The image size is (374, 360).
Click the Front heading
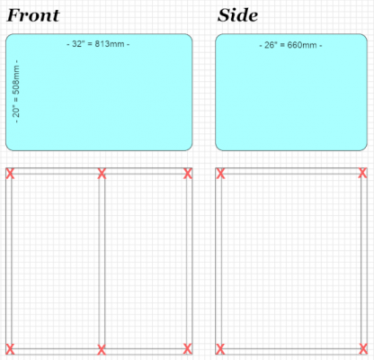(33, 15)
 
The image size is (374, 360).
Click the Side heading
(237, 15)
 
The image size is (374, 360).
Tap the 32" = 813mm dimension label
(98, 44)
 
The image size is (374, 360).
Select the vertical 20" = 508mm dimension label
(16, 91)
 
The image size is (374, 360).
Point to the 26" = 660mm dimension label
(290, 45)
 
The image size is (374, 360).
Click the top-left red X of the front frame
(10, 174)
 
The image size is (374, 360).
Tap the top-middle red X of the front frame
(102, 174)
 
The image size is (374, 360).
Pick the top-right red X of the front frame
(188, 174)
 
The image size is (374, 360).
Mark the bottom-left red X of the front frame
(10, 349)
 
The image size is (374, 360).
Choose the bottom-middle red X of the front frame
(102, 349)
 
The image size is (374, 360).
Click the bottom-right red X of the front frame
(188, 349)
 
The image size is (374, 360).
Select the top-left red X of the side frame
(220, 174)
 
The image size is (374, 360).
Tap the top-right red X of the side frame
(362, 173)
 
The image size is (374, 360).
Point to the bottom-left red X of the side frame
(220, 349)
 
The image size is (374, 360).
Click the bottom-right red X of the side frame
(363, 349)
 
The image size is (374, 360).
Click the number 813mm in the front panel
(110, 44)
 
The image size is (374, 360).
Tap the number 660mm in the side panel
(302, 45)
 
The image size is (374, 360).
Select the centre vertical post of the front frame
(102, 261)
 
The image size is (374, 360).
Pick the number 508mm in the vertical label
(16, 79)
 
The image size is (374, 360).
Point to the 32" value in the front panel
(78, 44)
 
